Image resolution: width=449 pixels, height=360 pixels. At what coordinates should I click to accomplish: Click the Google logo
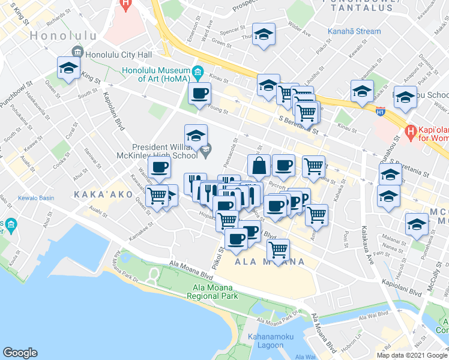click(x=20, y=352)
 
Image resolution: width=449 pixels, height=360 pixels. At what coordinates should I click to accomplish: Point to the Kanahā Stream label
click(x=354, y=31)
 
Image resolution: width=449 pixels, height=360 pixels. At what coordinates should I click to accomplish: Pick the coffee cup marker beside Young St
click(x=200, y=93)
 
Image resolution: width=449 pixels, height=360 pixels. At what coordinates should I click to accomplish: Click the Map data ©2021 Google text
click(x=411, y=355)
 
